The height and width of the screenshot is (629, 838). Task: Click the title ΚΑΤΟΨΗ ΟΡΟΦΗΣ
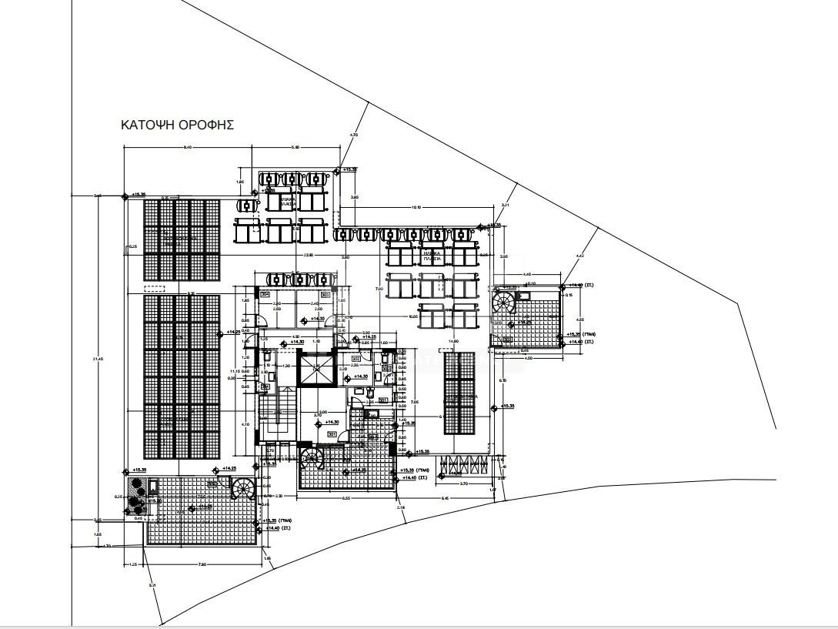point(177,125)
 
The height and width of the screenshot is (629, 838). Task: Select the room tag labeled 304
point(265,294)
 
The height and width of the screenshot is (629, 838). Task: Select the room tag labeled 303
point(325,294)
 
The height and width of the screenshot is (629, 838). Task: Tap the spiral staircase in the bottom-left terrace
point(243,489)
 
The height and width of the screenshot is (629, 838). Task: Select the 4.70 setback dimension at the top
point(354,136)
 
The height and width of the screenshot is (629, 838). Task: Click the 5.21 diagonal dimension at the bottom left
point(152,586)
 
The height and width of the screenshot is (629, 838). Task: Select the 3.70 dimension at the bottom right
point(463,483)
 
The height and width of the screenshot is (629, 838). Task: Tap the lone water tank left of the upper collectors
point(246,206)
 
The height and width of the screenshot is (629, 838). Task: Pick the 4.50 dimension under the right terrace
point(527,357)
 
